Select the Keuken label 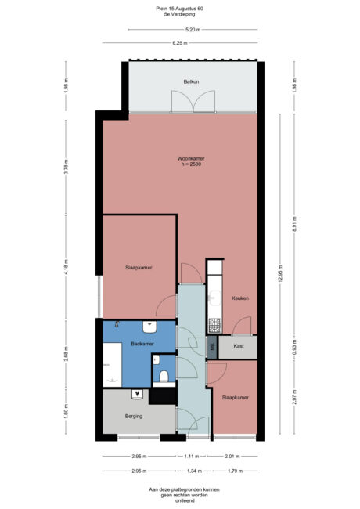[239, 298]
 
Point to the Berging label [134, 416]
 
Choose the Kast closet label [236, 347]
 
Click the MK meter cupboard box [211, 347]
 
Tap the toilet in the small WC [164, 377]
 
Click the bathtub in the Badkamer [110, 369]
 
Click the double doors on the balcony [193, 101]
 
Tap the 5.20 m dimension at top [191, 30]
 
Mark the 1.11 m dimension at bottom [192, 457]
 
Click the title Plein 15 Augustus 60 [179, 9]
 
